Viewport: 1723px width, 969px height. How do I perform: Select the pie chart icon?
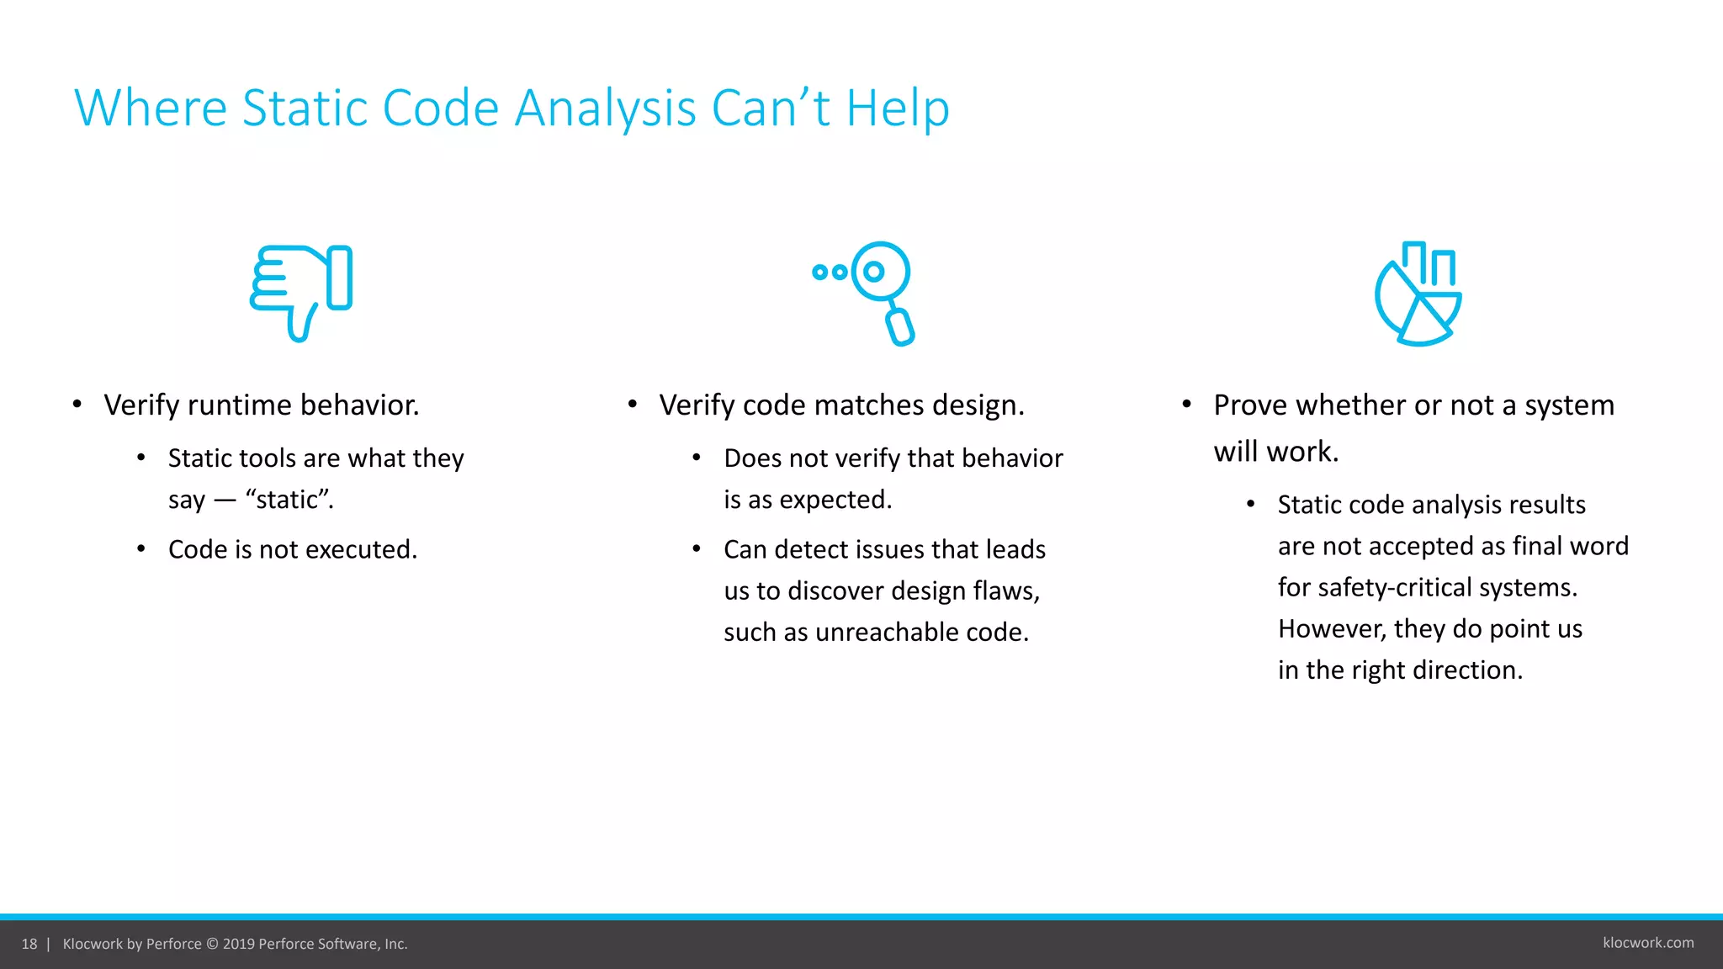pos(1418,294)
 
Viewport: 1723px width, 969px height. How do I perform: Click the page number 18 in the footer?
pos(29,944)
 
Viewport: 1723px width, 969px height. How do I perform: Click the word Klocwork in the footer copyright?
pos(93,944)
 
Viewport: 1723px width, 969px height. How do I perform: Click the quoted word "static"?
pos(289,500)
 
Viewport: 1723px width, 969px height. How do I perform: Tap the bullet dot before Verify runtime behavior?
pos(77,405)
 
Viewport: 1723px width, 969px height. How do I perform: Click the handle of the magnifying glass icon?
pos(900,327)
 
